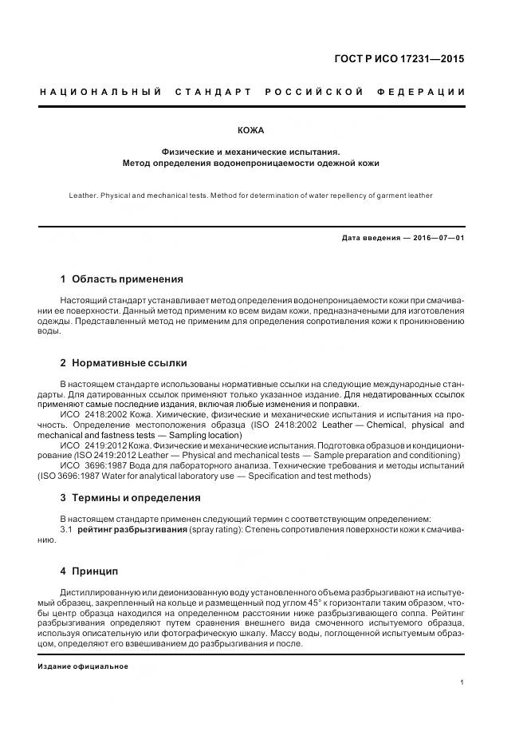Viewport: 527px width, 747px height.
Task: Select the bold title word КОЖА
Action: point(251,130)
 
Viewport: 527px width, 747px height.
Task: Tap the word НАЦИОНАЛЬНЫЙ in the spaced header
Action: point(100,93)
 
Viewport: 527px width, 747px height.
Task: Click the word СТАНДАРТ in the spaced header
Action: point(212,93)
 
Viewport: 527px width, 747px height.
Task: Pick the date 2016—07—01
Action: point(437,238)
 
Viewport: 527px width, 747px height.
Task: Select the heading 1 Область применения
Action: point(121,279)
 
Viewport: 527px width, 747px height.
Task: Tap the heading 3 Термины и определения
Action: point(130,498)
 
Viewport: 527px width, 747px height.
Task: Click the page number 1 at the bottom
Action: point(462,682)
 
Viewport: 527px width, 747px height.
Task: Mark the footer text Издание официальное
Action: point(83,666)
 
